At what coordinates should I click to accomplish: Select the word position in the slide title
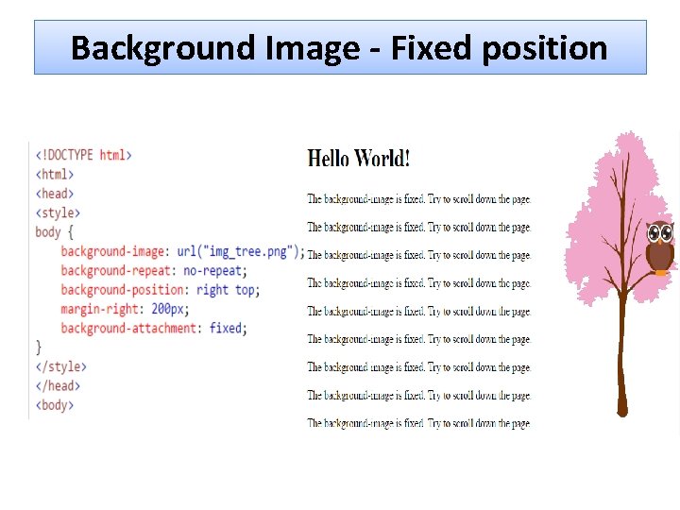pos(545,47)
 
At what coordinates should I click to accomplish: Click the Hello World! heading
pos(359,158)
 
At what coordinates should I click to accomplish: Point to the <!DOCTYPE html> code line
pos(83,155)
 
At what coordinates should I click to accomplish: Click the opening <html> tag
pos(55,175)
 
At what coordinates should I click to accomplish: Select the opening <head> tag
pos(55,194)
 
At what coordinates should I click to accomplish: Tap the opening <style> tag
pos(58,213)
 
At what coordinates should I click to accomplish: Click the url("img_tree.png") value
pos(240,251)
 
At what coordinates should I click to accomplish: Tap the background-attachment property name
pos(129,329)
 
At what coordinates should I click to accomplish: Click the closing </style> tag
pos(60,366)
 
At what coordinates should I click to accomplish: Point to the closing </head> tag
pos(58,385)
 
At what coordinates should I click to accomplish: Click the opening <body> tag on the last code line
pos(55,405)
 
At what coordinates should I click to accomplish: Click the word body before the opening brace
pos(48,232)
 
